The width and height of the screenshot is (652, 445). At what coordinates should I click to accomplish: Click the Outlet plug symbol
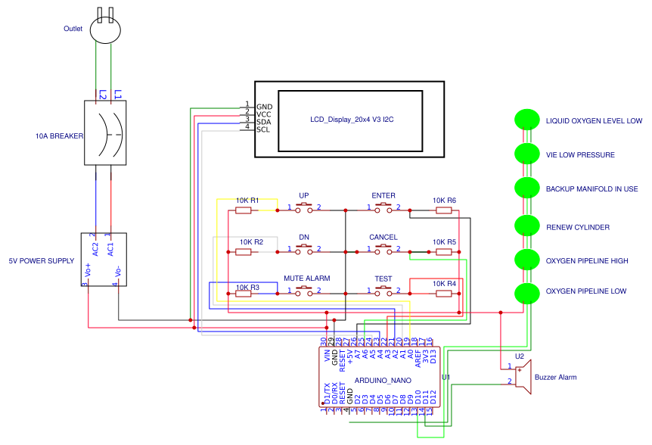105,30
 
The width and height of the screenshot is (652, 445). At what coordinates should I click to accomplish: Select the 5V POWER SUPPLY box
104,260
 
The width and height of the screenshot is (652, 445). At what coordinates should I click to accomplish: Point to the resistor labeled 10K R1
244,210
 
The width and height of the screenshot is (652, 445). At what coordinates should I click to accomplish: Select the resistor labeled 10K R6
445,210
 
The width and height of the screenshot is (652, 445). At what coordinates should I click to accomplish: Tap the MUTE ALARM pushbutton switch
304,290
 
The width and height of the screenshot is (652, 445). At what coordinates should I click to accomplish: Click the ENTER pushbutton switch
383,207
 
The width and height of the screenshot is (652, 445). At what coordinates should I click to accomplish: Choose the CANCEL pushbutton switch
383,248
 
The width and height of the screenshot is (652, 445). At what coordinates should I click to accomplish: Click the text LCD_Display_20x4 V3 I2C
352,120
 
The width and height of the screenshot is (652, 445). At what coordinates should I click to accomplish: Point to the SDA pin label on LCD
263,122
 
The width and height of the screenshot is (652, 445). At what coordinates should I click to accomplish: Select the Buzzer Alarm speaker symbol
523,377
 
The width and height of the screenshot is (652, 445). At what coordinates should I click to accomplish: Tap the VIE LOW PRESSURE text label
580,155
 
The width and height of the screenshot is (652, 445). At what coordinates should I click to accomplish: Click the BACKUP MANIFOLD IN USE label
592,189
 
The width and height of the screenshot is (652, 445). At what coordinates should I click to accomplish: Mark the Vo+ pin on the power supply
88,271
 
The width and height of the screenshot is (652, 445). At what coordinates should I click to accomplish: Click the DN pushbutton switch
304,248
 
